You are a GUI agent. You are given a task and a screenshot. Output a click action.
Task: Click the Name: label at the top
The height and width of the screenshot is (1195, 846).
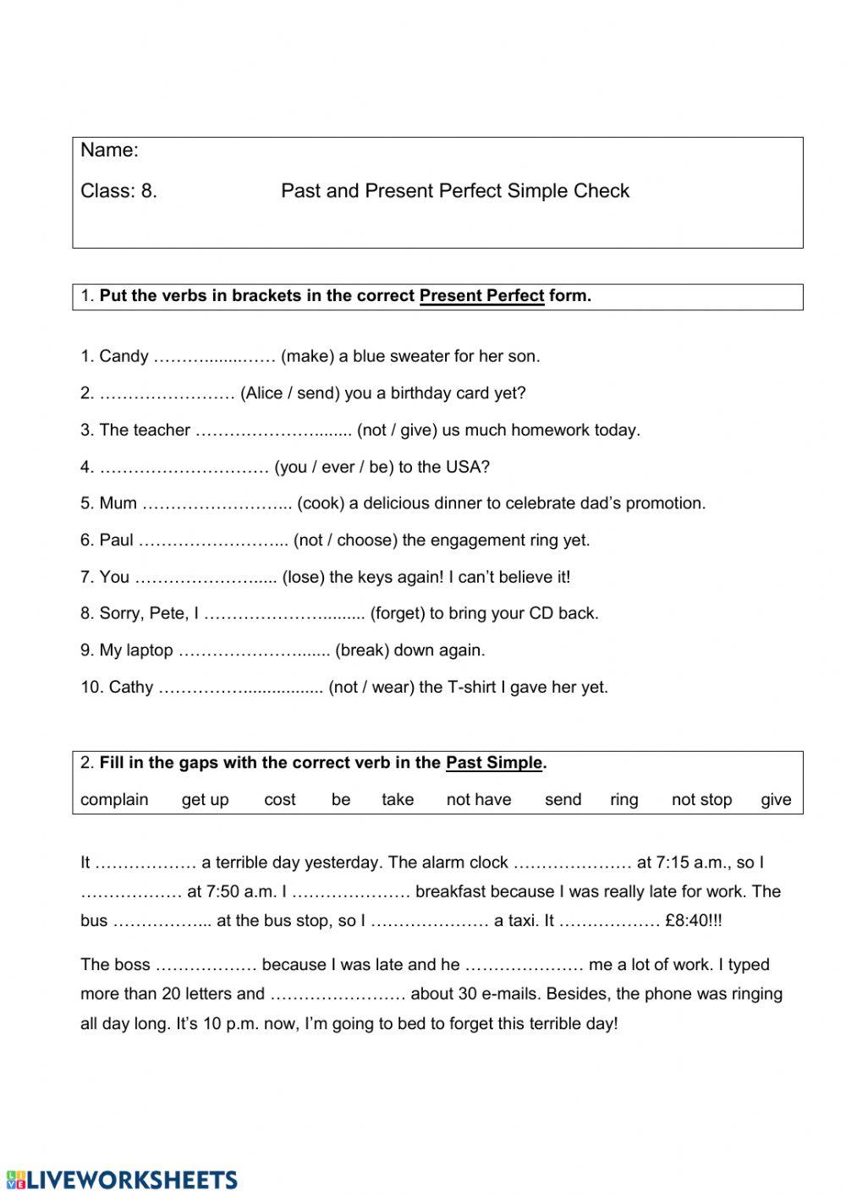click(x=109, y=151)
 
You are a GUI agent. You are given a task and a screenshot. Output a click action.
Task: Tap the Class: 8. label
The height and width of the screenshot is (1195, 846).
click(x=118, y=191)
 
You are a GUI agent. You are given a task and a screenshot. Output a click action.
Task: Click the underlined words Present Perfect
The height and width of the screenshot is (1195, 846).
click(x=481, y=296)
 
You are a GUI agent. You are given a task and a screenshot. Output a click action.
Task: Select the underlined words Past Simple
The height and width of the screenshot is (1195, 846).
click(x=493, y=763)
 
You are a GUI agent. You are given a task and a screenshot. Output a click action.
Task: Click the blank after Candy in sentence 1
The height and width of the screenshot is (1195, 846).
click(x=214, y=357)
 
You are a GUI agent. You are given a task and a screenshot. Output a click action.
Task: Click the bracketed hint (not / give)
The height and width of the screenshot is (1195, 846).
click(x=397, y=430)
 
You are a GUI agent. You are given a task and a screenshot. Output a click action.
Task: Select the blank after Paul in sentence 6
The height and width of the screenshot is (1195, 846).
click(x=213, y=540)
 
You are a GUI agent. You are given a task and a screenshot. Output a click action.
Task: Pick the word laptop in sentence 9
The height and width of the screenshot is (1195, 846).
click(x=149, y=651)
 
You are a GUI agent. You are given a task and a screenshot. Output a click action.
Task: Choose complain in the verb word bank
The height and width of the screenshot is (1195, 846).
click(x=114, y=800)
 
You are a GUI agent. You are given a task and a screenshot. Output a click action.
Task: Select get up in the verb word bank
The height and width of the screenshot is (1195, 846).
click(x=205, y=800)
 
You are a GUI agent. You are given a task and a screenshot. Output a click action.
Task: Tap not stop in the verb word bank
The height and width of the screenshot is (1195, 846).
click(x=701, y=800)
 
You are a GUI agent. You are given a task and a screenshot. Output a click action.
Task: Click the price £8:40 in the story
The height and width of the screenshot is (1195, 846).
click(x=688, y=921)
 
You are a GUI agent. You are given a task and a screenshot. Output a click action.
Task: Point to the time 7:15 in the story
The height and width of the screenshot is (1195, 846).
click(x=675, y=863)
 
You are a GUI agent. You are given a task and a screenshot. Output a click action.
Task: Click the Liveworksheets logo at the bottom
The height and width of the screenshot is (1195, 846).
click(x=122, y=1180)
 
